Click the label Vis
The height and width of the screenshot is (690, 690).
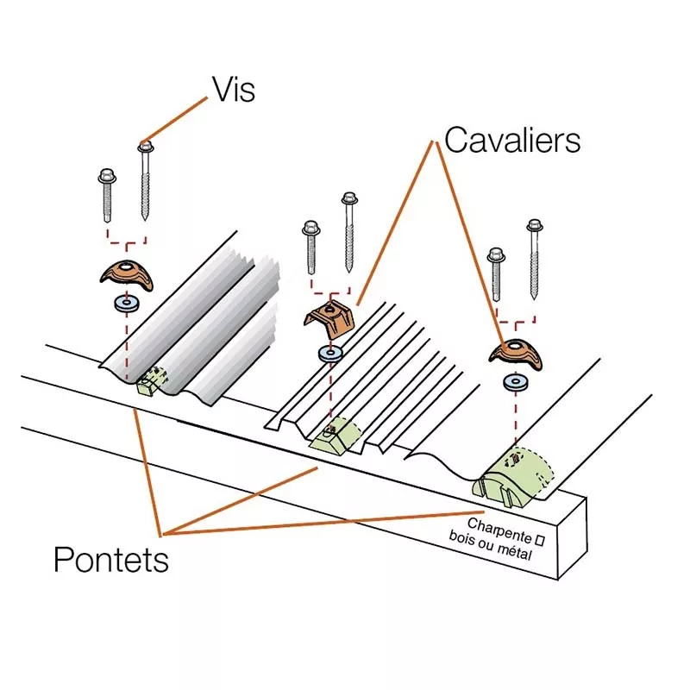click(x=233, y=88)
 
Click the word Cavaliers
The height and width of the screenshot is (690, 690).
click(x=511, y=140)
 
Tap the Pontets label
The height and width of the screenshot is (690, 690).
click(x=110, y=560)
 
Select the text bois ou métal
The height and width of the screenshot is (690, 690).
click(x=490, y=545)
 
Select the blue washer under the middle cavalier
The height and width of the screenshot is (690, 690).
click(x=329, y=353)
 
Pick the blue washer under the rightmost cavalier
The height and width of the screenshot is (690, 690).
click(x=515, y=381)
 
